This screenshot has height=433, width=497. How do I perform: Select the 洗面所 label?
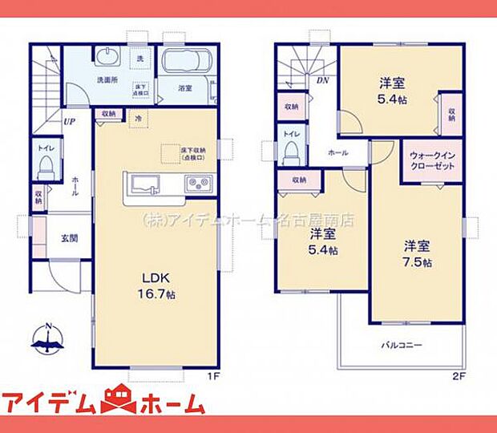click(107, 80)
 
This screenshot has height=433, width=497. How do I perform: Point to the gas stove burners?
click(198, 185)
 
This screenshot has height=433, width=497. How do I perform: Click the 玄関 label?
click(69, 238)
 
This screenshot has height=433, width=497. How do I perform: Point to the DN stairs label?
click(323, 80)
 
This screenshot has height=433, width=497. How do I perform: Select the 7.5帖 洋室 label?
click(417, 253)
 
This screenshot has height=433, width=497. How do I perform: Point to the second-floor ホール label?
click(337, 152)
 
